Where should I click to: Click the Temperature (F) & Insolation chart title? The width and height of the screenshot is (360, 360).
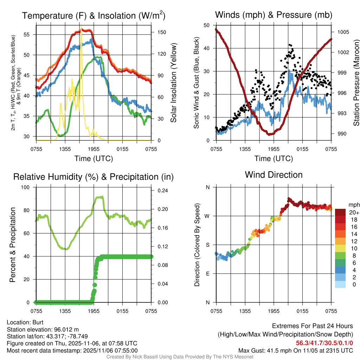click(x=94, y=15)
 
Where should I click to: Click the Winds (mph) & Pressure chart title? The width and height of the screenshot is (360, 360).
click(x=274, y=15)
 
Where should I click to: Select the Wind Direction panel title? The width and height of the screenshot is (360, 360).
click(x=274, y=175)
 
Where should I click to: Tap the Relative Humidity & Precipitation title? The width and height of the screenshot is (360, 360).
click(x=94, y=177)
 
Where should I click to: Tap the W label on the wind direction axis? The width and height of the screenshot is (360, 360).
click(x=207, y=216)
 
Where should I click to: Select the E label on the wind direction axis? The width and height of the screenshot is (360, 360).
click(x=208, y=274)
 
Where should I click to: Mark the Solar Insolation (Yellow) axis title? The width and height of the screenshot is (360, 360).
click(x=173, y=83)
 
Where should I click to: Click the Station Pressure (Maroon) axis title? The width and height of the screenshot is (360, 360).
click(x=356, y=83)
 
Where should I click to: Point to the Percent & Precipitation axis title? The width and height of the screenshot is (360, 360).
click(x=12, y=245)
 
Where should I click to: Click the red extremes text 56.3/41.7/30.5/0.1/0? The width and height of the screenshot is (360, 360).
click(x=324, y=343)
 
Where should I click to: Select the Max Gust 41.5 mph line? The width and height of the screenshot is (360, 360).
click(x=296, y=350)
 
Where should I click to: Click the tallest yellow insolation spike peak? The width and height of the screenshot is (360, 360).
click(x=81, y=27)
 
